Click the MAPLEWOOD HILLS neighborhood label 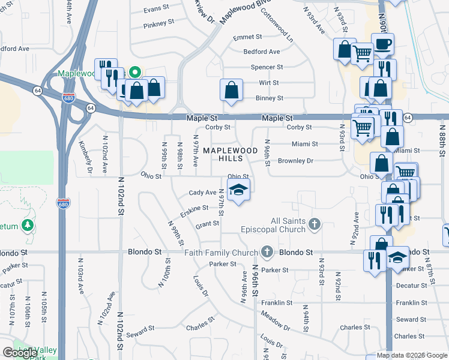(x=231, y=154)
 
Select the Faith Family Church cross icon (x=268, y=253)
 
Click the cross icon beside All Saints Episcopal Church (x=314, y=225)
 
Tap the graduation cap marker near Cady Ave (x=239, y=191)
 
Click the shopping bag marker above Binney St (x=231, y=91)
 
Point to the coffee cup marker (x=382, y=44)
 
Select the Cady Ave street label (x=202, y=193)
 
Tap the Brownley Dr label (x=296, y=161)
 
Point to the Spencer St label (x=267, y=67)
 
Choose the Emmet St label (x=244, y=37)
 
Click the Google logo (x=20, y=353)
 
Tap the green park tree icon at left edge (x=27, y=225)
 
